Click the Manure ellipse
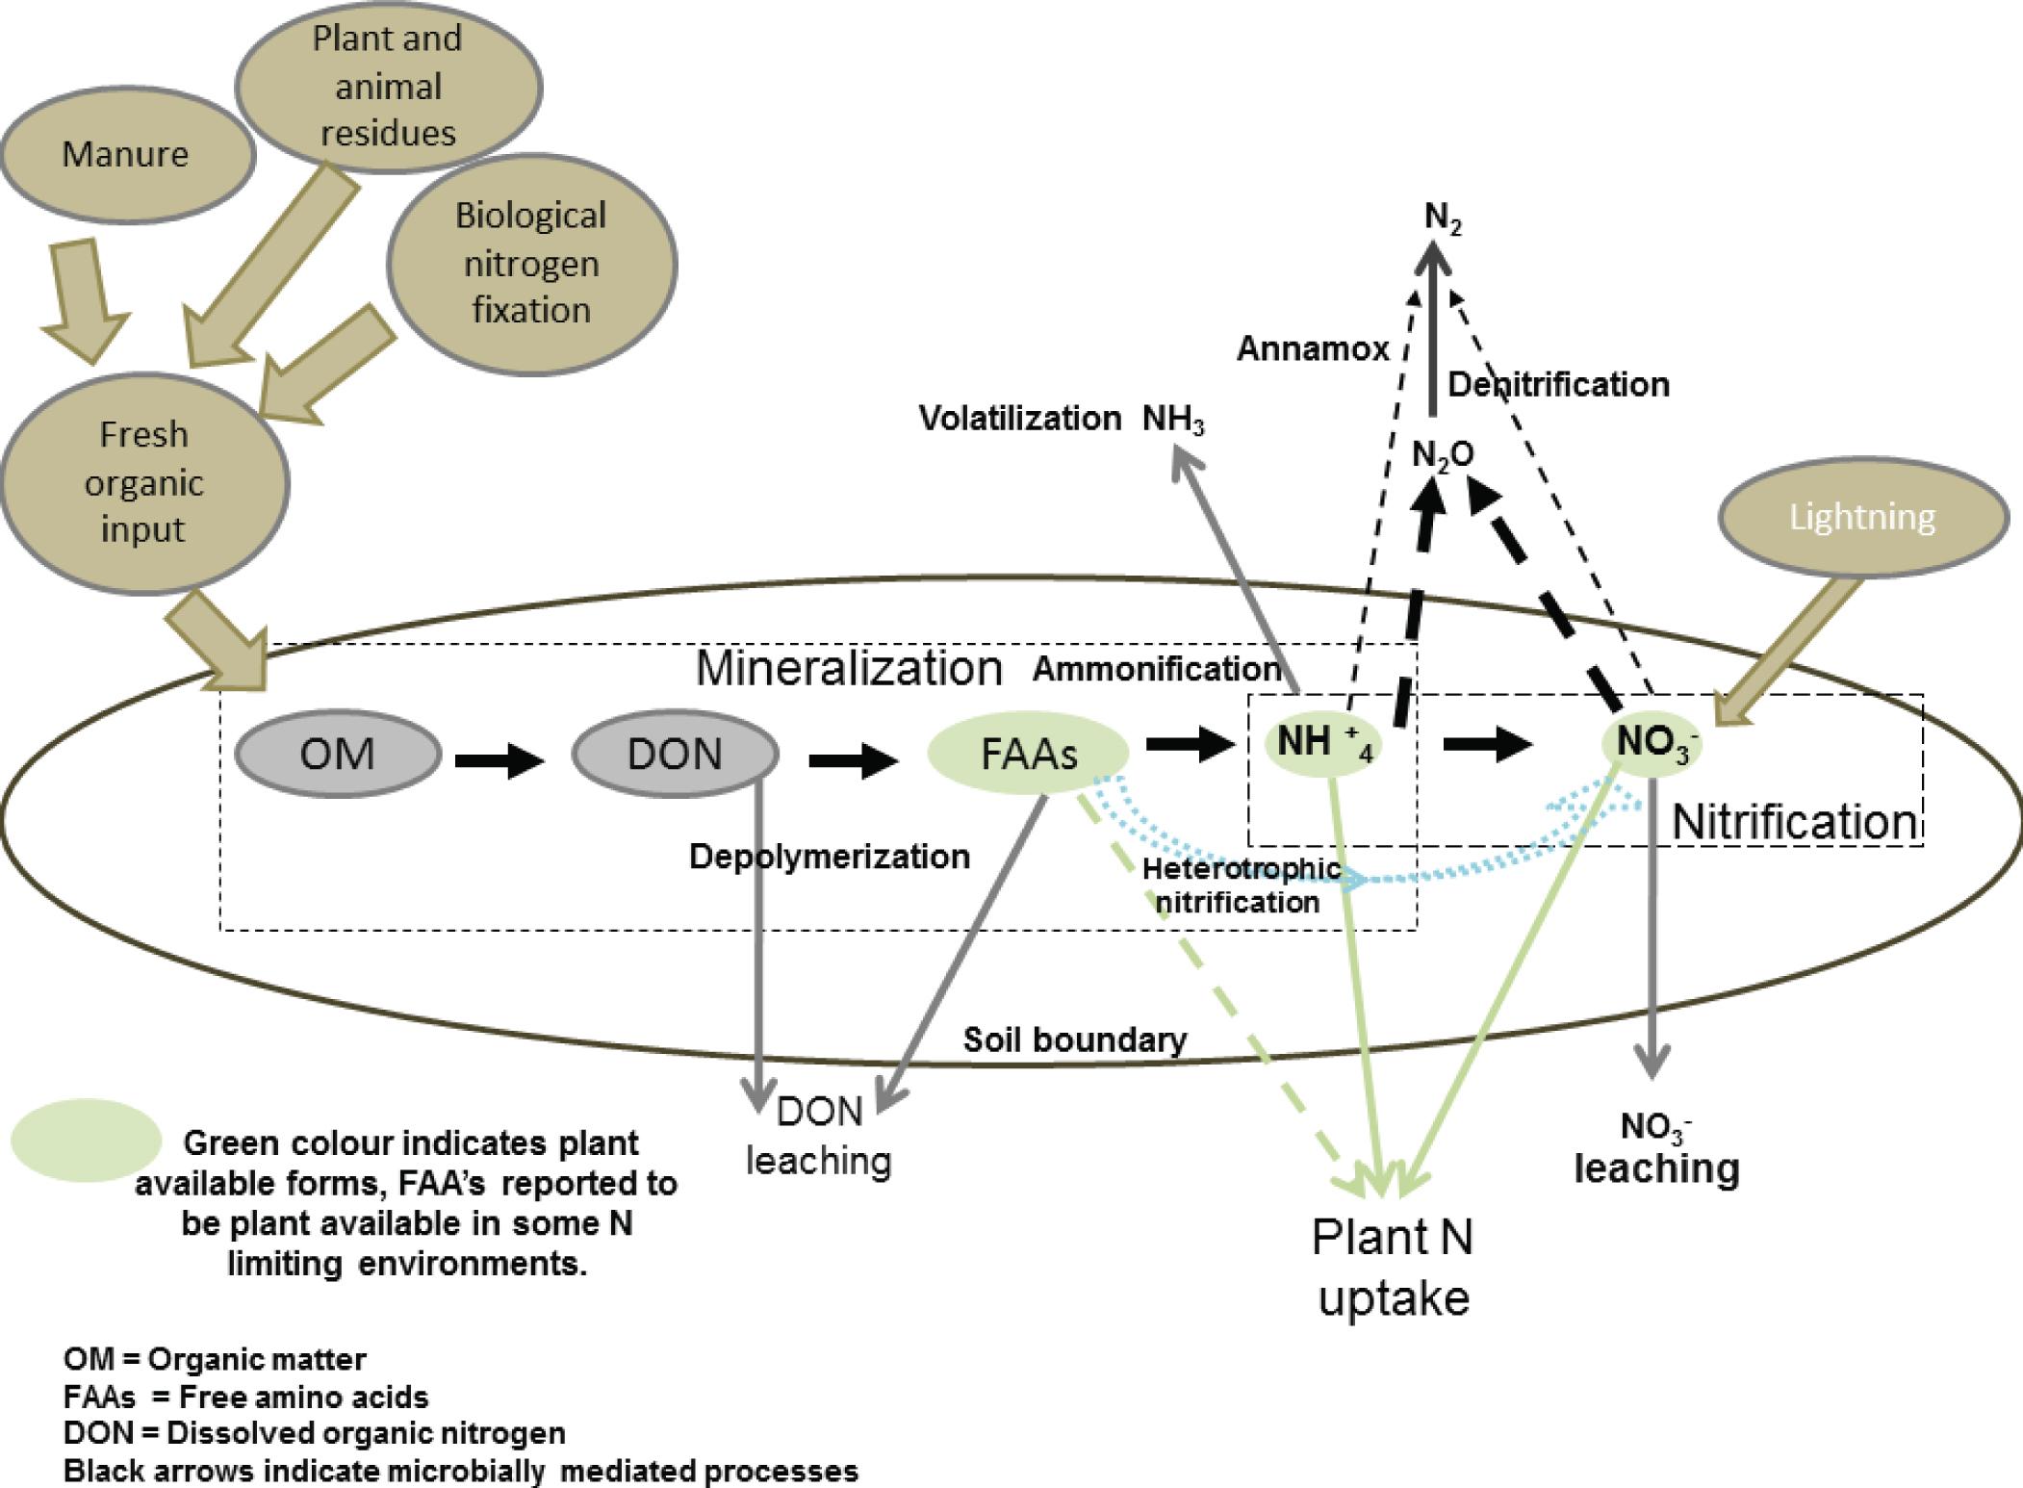click(126, 154)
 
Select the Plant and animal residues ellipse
click(388, 86)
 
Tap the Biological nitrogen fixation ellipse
click(531, 263)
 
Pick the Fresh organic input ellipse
click(143, 482)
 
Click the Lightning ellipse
click(1861, 517)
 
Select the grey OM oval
click(337, 753)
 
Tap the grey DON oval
click(675, 754)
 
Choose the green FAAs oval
click(1028, 754)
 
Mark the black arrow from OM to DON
click(499, 762)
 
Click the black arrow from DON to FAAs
click(853, 762)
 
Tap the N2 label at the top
click(1443, 219)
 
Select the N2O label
click(1442, 455)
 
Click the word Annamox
click(1313, 348)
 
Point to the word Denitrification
click(1558, 385)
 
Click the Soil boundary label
click(1075, 1039)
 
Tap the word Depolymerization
click(829, 857)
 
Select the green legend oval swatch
click(86, 1141)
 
